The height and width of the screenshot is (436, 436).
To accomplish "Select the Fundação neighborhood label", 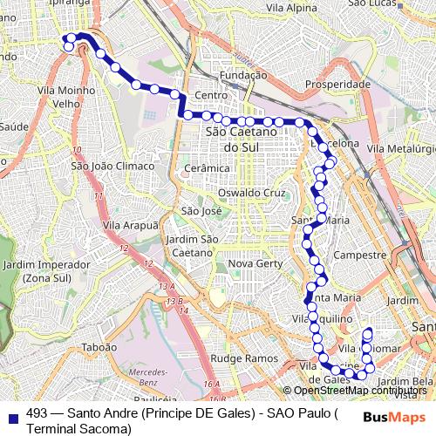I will tap(243, 76).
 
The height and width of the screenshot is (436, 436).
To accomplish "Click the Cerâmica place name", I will tap(207, 167).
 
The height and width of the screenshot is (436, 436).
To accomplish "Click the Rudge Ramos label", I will tap(238, 358).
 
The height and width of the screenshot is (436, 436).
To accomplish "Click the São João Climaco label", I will tap(112, 166).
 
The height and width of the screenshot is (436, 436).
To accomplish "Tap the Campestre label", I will tap(360, 255).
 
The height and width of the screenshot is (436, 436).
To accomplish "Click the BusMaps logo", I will tap(389, 416).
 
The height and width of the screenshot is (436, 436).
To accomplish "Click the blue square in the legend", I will tap(12, 414).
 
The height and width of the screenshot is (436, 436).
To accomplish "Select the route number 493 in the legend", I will tap(37, 414).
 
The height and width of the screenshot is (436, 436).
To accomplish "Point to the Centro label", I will tap(211, 95).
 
